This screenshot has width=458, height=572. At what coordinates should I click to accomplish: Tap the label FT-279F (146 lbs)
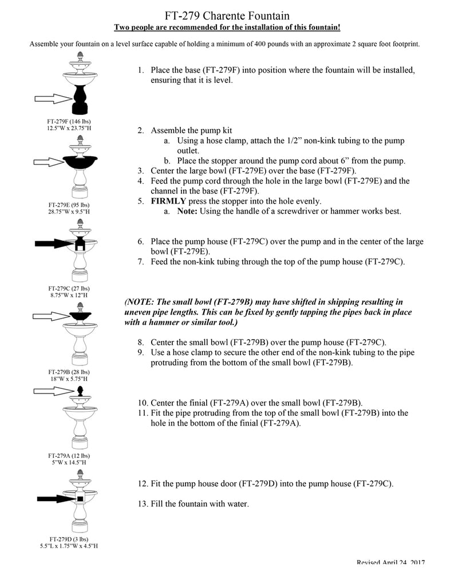[x=69, y=121]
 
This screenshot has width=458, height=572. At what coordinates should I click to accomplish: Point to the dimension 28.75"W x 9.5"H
[x=69, y=211]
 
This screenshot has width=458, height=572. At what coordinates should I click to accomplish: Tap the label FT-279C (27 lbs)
[x=69, y=288]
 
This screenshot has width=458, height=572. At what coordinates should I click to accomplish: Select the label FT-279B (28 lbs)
[x=69, y=372]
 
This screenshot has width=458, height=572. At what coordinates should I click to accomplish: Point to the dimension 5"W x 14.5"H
[x=69, y=462]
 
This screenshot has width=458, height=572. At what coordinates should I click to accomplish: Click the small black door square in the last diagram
[x=80, y=499]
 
